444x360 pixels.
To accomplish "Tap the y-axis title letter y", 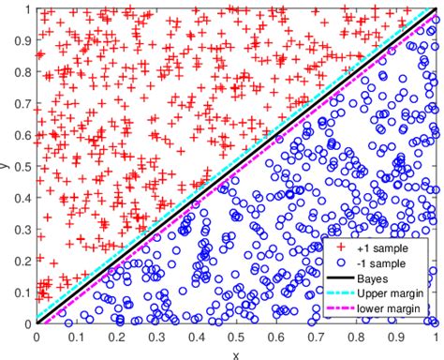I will tap(7, 166).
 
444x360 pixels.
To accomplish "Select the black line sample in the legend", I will tap(338, 278).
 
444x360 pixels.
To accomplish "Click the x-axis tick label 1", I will tap(436, 335).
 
